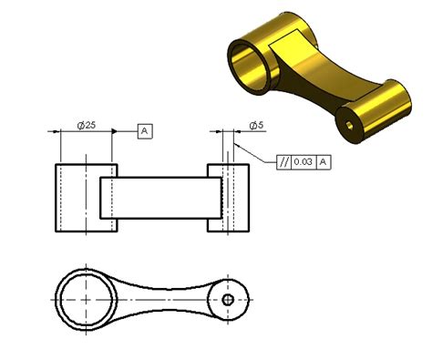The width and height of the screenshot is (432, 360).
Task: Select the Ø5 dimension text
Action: (x=257, y=125)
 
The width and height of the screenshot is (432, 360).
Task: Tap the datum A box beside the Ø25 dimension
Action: (x=145, y=132)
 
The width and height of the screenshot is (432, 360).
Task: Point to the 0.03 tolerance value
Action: (x=303, y=161)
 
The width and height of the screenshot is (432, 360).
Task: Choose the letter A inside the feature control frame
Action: (x=323, y=161)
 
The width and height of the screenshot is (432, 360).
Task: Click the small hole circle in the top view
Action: (x=228, y=299)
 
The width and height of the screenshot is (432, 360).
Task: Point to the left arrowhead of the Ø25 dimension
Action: (x=63, y=132)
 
